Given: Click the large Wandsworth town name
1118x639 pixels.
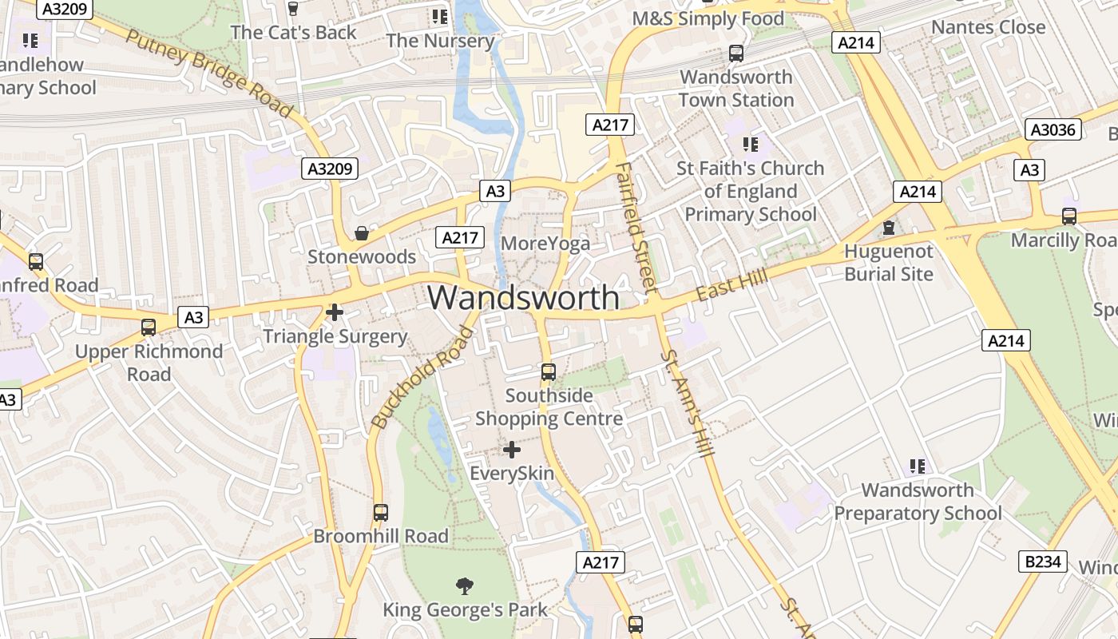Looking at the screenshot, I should click(x=524, y=298).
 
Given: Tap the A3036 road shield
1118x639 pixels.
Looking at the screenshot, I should click(x=1053, y=129).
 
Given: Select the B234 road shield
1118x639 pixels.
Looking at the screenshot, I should click(x=1043, y=562).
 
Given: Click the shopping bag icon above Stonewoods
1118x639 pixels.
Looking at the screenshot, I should click(x=362, y=232).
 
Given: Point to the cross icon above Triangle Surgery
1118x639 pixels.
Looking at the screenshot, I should click(x=335, y=312).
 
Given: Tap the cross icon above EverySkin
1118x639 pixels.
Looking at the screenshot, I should click(x=512, y=450).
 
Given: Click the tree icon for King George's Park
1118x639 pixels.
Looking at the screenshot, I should click(x=465, y=586).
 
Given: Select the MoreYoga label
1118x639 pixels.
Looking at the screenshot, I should click(x=546, y=244).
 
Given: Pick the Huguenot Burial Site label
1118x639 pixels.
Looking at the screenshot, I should click(x=889, y=263).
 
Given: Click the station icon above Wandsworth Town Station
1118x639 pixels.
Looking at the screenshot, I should click(x=736, y=54).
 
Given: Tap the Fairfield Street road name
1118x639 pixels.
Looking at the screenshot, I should click(x=636, y=227).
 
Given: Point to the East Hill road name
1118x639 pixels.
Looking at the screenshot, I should click(x=731, y=285).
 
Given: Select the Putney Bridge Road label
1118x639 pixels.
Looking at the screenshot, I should click(x=210, y=73).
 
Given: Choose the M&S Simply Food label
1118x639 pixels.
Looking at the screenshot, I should click(x=708, y=18).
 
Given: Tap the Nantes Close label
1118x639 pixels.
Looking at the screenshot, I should click(x=988, y=27).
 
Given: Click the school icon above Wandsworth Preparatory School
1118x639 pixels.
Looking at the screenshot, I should click(x=918, y=466).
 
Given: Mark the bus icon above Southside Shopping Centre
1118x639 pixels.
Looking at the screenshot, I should click(x=549, y=371).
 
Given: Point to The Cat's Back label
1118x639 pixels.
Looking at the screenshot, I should click(x=293, y=33).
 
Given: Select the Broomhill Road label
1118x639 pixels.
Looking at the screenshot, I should click(x=381, y=536).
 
